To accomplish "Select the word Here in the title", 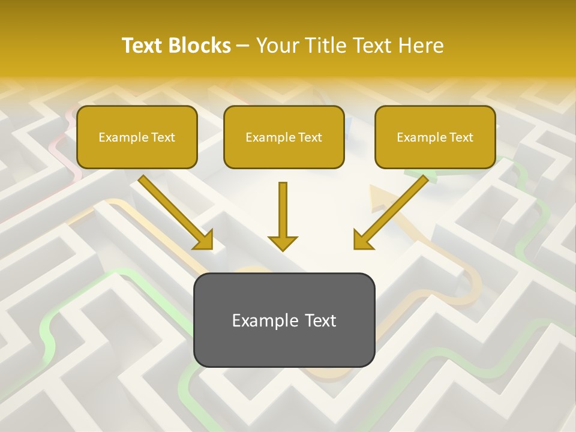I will (419, 46).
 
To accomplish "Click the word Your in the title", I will (277, 46).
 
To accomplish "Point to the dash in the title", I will (243, 46).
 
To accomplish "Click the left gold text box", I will (137, 137).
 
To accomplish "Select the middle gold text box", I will (284, 137).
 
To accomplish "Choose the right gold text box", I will (435, 137).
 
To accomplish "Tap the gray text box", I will (284, 320).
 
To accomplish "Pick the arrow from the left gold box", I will (175, 211).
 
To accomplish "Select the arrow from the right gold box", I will (391, 212).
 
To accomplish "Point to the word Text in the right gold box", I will (461, 137).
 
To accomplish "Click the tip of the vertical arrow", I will (283, 249).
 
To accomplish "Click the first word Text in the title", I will (143, 46).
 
